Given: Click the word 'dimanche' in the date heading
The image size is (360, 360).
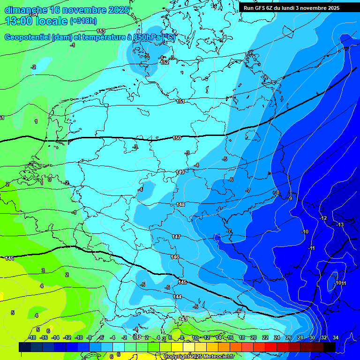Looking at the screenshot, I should tap(26, 10).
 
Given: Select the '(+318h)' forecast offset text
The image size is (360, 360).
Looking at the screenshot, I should tap(83, 21).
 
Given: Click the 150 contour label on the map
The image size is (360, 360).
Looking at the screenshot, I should tap(177, 138).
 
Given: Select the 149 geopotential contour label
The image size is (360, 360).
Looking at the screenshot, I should tap(180, 172).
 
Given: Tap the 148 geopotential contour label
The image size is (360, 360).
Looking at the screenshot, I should tap(180, 205).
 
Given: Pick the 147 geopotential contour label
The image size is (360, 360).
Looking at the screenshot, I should tap(176, 237).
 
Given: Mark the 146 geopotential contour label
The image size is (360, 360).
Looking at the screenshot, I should tap(175, 257).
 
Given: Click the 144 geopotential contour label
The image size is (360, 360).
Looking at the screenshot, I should tap(177, 297).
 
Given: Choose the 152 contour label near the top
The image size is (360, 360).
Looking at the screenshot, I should tap(165, 62).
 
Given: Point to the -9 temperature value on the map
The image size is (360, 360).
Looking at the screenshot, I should tap(290, 199).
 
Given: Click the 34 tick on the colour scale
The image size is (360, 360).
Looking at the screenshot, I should tap(335, 337).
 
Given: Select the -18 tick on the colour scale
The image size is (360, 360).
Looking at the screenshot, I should tap(32, 337).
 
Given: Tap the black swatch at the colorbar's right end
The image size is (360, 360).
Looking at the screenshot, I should tap(329, 347).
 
